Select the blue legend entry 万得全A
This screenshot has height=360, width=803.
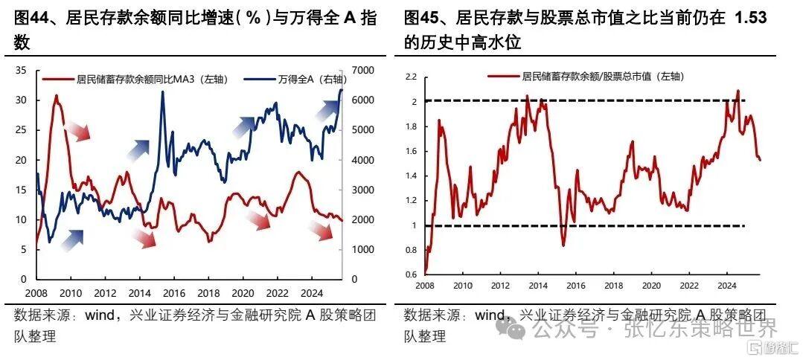tap(301, 78)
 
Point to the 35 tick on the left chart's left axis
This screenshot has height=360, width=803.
tap(21, 71)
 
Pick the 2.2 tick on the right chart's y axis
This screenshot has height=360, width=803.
tap(411, 77)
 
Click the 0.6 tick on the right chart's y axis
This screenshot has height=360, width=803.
tap(411, 274)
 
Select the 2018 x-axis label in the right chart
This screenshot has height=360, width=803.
tap(614, 286)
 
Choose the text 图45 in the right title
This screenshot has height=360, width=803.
tap(420, 18)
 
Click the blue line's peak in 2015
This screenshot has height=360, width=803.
tap(162, 93)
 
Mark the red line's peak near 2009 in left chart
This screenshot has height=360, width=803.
tap(56, 96)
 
